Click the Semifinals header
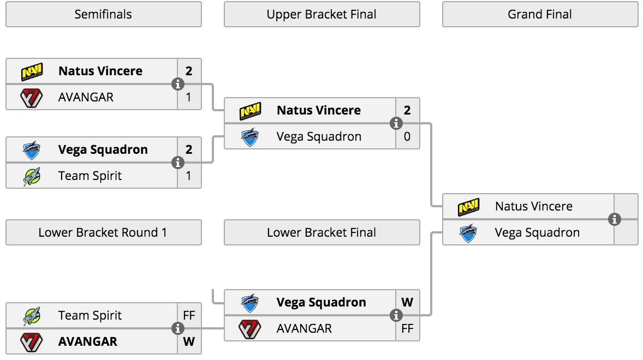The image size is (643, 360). pyautogui.click(x=103, y=14)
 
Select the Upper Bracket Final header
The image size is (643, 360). pyautogui.click(x=322, y=14)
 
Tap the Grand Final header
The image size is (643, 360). pyautogui.click(x=540, y=14)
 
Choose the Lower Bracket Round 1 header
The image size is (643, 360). pyautogui.click(x=103, y=232)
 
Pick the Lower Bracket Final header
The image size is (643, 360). pyautogui.click(x=322, y=232)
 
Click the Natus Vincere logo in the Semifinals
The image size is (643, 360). pyautogui.click(x=32, y=71)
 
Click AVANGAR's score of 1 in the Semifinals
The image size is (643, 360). pyautogui.click(x=189, y=98)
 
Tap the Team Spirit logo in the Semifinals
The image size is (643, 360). pyautogui.click(x=32, y=176)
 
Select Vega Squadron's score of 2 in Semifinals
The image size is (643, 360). pyautogui.click(x=189, y=149)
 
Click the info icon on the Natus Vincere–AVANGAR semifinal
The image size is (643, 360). pyautogui.click(x=177, y=84)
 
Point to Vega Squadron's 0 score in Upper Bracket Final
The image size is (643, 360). pyautogui.click(x=407, y=136)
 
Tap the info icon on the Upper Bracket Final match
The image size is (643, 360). pyautogui.click(x=396, y=123)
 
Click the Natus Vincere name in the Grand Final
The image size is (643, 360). pyautogui.click(x=533, y=206)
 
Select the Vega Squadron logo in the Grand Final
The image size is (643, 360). pyautogui.click(x=468, y=232)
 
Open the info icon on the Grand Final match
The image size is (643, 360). pyautogui.click(x=614, y=219)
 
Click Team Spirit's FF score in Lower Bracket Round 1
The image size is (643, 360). pyautogui.click(x=189, y=315)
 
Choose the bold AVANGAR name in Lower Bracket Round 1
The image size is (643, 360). pyautogui.click(x=88, y=341)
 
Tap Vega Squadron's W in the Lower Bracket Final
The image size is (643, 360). pyautogui.click(x=407, y=302)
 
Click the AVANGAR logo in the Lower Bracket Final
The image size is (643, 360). pyautogui.click(x=250, y=329)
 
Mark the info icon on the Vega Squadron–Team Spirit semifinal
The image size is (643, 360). pyautogui.click(x=177, y=163)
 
